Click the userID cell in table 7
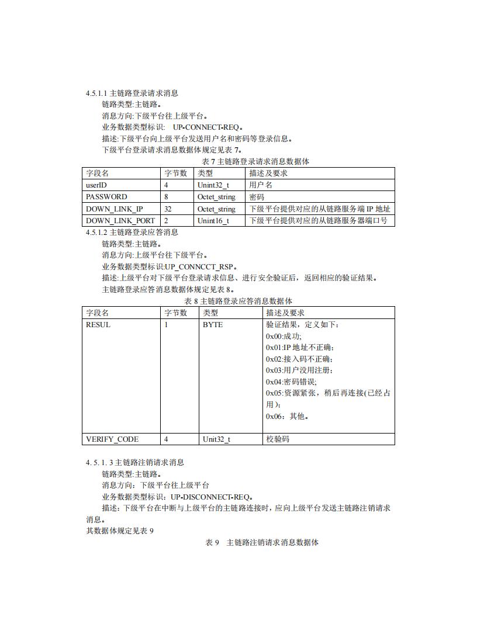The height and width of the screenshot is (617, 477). point(96,185)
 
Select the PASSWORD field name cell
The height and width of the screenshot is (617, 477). point(106,197)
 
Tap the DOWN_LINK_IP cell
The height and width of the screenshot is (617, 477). point(115,209)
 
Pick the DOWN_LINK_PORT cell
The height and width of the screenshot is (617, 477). point(120,221)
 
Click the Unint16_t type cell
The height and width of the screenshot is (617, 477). point(213,221)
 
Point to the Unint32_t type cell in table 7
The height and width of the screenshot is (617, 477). point(213,185)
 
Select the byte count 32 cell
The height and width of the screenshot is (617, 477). point(168,209)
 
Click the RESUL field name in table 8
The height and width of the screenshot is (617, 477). point(98,325)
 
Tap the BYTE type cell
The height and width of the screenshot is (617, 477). point(213,325)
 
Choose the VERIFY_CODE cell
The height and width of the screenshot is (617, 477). point(112,439)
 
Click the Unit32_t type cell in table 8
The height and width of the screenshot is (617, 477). point(216,439)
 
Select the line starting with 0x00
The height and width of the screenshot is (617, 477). point(284,337)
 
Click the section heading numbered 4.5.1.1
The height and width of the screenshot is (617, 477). point(132,93)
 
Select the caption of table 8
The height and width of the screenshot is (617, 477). point(238,301)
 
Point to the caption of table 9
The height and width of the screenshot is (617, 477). point(262,543)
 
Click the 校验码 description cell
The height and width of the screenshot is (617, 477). point(278,439)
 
